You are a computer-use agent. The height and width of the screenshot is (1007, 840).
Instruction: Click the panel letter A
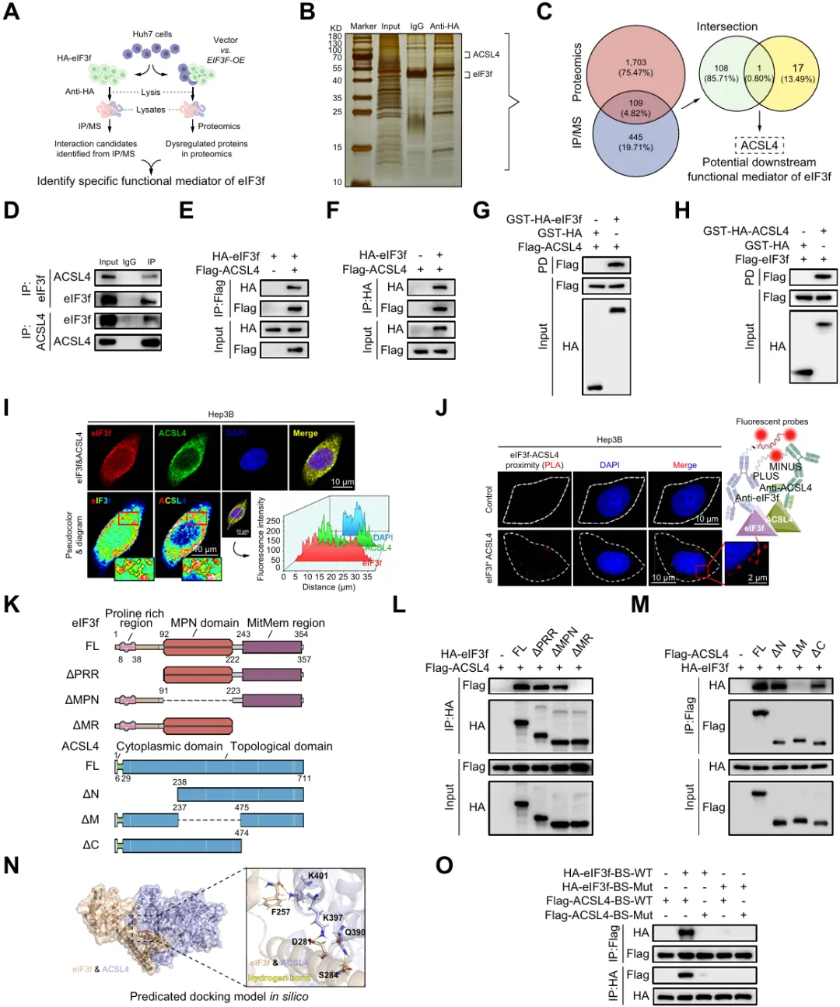click(x=11, y=13)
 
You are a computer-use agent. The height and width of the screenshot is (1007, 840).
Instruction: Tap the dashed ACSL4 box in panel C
click(x=759, y=145)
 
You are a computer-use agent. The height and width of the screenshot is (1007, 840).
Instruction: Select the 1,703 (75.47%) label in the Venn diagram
click(x=635, y=68)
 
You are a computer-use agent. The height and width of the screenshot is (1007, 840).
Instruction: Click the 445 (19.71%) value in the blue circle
click(x=635, y=142)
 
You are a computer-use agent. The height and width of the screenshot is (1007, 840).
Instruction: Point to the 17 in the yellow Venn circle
click(x=798, y=68)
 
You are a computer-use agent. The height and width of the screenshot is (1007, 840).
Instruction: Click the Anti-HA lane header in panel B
click(x=445, y=26)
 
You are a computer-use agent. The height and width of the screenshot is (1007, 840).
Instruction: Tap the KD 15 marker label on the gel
click(x=338, y=147)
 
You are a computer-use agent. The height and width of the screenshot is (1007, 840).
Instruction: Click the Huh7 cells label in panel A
click(x=152, y=34)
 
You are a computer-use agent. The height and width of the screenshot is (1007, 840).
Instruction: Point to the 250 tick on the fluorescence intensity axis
click(x=273, y=521)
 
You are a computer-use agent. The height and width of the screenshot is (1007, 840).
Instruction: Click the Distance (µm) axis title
click(x=328, y=587)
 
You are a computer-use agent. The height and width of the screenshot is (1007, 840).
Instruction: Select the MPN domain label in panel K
click(x=205, y=623)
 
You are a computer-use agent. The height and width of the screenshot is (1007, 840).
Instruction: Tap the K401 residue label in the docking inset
click(x=318, y=876)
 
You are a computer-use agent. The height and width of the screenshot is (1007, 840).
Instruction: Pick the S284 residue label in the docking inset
click(x=329, y=974)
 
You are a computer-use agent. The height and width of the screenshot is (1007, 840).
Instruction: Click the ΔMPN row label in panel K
click(x=82, y=700)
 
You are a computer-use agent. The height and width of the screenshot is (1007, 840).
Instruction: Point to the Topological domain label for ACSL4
click(x=282, y=747)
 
